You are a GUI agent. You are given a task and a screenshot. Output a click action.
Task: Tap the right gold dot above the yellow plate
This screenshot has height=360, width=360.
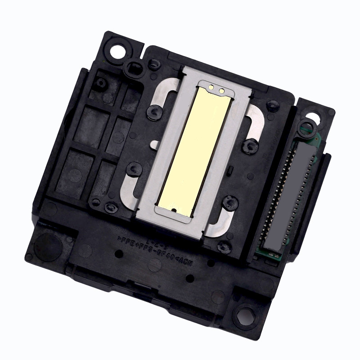(221, 91)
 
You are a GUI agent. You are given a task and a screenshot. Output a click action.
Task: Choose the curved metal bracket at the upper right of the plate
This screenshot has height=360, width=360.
(255, 124)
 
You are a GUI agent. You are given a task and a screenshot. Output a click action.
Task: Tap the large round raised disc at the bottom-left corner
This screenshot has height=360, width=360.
(48, 245)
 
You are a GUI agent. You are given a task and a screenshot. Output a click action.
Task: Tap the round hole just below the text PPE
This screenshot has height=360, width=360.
(119, 254)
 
